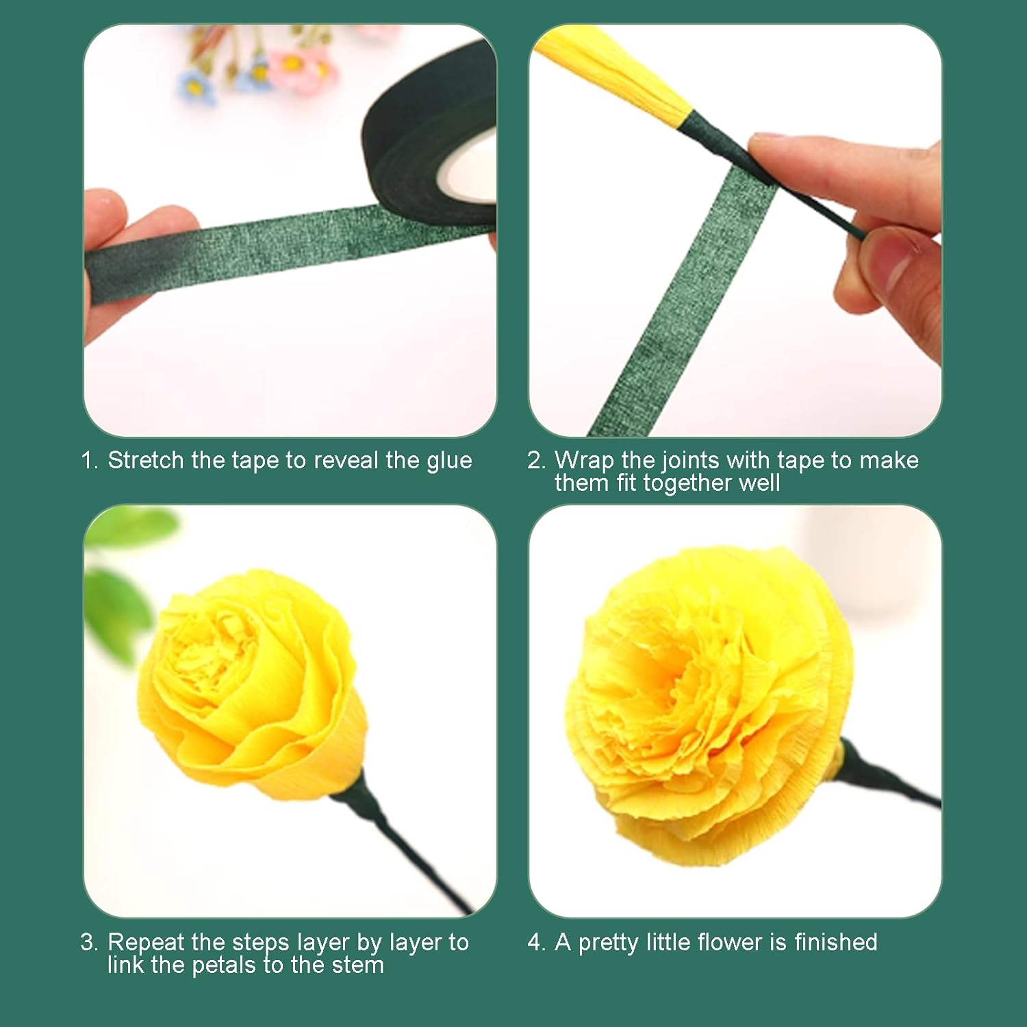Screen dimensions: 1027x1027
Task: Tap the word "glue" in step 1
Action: [x=448, y=461]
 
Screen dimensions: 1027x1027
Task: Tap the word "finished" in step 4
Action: [x=835, y=942]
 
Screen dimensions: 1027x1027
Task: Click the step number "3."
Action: [x=89, y=943]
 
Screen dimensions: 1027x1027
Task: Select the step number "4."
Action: [x=536, y=943]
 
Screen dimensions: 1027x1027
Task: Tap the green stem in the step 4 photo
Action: [x=890, y=781]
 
